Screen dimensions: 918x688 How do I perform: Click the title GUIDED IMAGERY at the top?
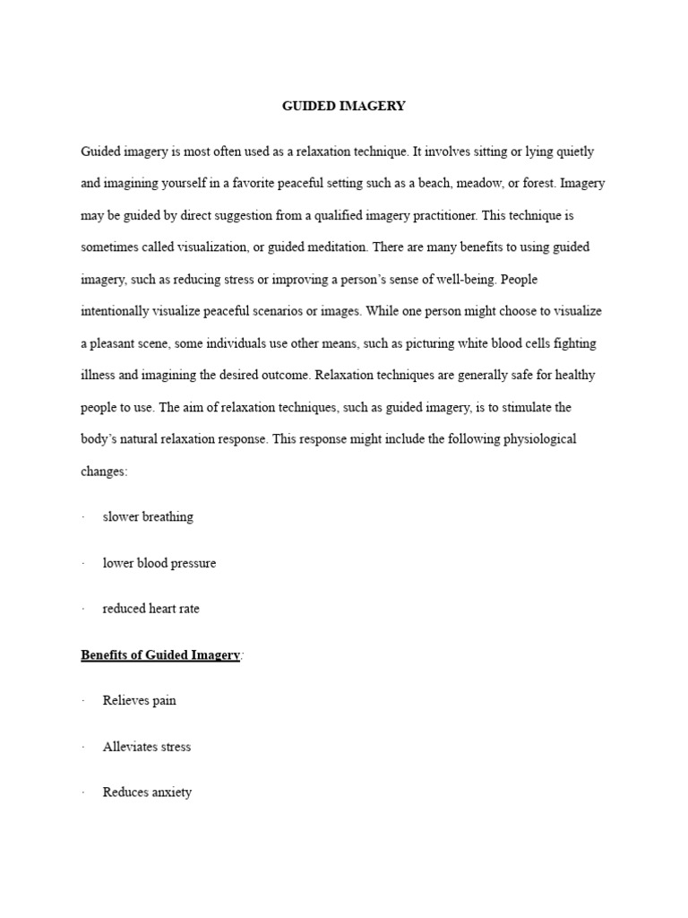coord(344,106)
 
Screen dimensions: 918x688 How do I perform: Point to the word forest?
coord(540,183)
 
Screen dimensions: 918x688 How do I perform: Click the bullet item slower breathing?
coord(148,517)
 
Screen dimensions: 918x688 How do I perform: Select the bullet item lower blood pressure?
coord(159,563)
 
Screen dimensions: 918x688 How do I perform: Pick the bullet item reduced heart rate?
coord(151,609)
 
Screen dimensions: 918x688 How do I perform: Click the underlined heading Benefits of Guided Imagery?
coord(160,655)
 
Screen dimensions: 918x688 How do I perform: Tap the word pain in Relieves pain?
coord(164,701)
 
